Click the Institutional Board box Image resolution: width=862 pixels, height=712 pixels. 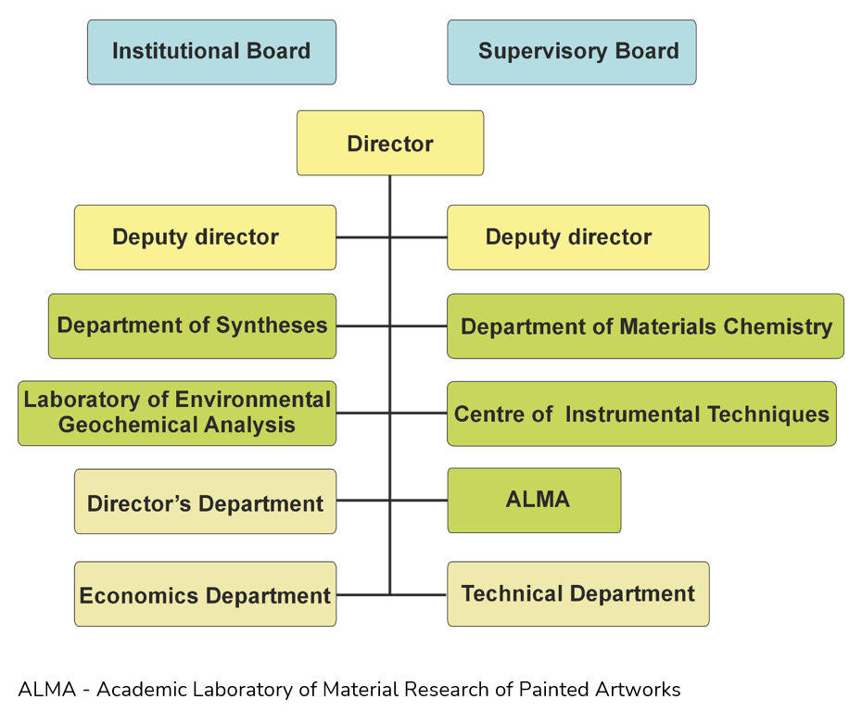pyautogui.click(x=211, y=52)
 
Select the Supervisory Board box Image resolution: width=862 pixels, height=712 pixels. pyautogui.click(x=572, y=52)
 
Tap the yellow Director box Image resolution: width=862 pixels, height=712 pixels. pyautogui.click(x=390, y=143)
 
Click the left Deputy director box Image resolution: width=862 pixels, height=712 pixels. pyautogui.click(x=205, y=237)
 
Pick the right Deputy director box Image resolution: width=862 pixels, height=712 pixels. pyautogui.click(x=578, y=237)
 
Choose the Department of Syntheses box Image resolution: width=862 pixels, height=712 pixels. pyautogui.click(x=193, y=326)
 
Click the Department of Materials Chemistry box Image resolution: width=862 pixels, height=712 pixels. pyautogui.click(x=645, y=326)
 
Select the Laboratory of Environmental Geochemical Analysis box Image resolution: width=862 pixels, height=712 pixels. pyautogui.click(x=177, y=413)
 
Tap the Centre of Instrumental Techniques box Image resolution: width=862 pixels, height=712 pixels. pyautogui.click(x=641, y=413)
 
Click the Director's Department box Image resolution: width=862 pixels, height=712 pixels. pyautogui.click(x=205, y=501)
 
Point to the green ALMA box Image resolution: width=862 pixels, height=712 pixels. pyautogui.click(x=535, y=501)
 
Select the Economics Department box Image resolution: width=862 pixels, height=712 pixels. pyautogui.click(x=205, y=593)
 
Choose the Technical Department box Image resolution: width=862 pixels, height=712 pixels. pyautogui.click(x=578, y=593)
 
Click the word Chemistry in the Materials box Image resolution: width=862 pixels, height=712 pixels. pyautogui.click(x=778, y=327)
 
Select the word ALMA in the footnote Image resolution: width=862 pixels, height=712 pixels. pyautogui.click(x=47, y=690)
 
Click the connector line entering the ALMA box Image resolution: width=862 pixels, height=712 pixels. pyautogui.click(x=419, y=501)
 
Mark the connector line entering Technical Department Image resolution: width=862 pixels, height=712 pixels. pyautogui.click(x=419, y=595)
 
